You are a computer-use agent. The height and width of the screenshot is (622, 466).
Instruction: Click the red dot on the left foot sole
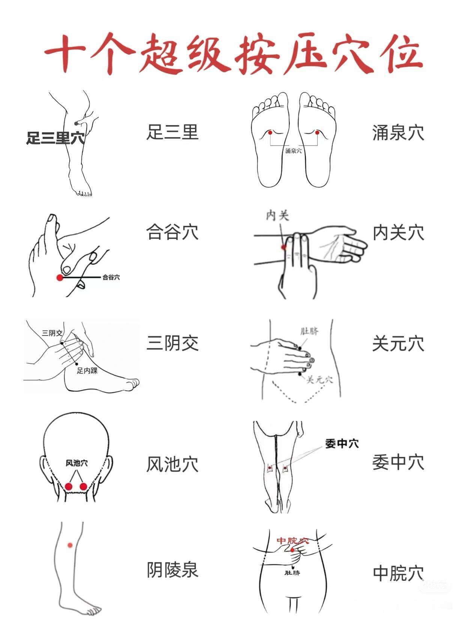pyautogui.click(x=270, y=132)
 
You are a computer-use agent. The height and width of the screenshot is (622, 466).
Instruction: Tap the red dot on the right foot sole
pyautogui.click(x=317, y=132)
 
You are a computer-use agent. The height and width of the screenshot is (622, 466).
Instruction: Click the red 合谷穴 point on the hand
pyautogui.click(x=60, y=278)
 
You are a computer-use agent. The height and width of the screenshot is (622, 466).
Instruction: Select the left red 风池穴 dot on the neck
pyautogui.click(x=68, y=486)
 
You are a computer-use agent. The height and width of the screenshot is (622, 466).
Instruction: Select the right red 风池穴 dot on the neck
pyautogui.click(x=83, y=486)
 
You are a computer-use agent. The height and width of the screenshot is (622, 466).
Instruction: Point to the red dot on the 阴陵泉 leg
pyautogui.click(x=70, y=545)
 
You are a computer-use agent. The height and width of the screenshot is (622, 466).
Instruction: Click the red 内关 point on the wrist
pyautogui.click(x=284, y=247)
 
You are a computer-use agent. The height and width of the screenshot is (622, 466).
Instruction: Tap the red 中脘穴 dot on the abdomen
pyautogui.click(x=292, y=550)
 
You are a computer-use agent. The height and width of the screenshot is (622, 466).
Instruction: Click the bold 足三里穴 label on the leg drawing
pyautogui.click(x=56, y=138)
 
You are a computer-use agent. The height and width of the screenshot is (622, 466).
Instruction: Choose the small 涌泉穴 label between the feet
pyautogui.click(x=293, y=151)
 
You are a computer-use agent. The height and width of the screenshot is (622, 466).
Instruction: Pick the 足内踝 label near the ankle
pyautogui.click(x=87, y=370)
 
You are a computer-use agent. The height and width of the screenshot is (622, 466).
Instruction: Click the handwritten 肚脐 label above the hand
pyautogui.click(x=310, y=331)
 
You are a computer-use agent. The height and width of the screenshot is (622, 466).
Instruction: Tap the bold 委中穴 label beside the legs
pyautogui.click(x=342, y=444)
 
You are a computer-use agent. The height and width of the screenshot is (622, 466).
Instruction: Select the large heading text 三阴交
pyautogui.click(x=172, y=343)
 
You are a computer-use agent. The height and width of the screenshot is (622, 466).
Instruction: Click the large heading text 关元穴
pyautogui.click(x=398, y=343)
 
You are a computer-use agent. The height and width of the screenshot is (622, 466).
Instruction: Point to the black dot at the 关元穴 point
pyautogui.click(x=300, y=374)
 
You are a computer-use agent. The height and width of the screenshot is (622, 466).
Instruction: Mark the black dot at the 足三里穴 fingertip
pyautogui.click(x=76, y=124)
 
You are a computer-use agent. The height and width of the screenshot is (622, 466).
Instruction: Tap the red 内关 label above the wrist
pyautogui.click(x=278, y=216)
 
